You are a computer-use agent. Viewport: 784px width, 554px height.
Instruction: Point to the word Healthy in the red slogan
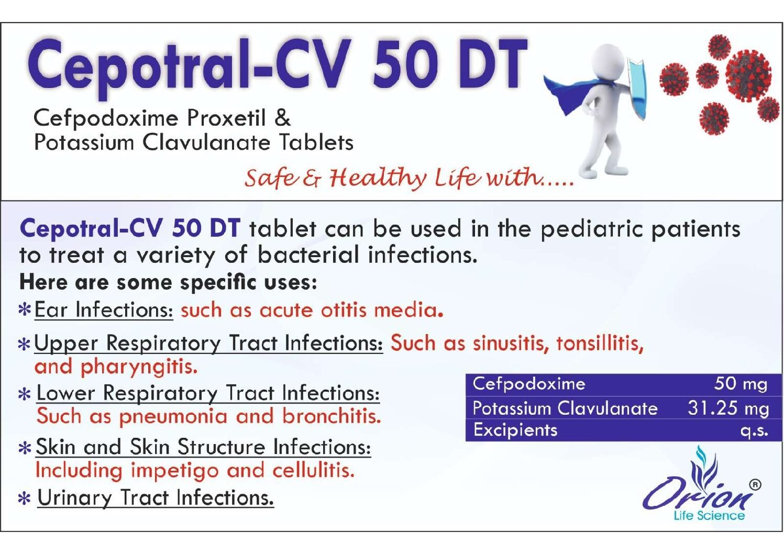point(378,178)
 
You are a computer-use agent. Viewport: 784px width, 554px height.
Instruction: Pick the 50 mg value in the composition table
point(741,384)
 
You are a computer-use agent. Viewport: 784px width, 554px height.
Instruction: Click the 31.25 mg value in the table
point(728,408)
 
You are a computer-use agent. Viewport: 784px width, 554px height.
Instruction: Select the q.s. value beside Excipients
point(754,430)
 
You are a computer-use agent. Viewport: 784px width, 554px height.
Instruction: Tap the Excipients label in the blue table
point(515,430)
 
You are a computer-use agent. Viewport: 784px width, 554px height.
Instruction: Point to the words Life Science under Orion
point(709,515)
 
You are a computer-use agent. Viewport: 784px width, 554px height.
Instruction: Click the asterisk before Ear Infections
point(25,311)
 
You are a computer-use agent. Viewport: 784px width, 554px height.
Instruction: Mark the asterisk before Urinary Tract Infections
point(25,498)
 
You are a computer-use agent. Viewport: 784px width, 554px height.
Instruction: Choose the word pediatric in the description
point(591,230)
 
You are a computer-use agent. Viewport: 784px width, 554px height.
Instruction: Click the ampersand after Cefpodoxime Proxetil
point(282,118)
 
